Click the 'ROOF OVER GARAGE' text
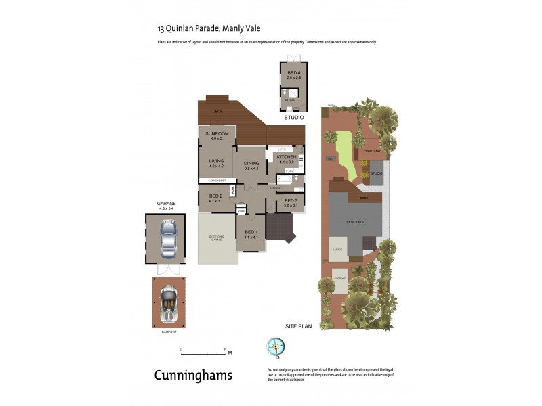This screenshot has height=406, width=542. (x=216, y=238)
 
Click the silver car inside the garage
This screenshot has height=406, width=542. (x=167, y=239)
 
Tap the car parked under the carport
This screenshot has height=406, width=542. (x=167, y=302)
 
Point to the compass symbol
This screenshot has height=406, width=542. (x=276, y=346)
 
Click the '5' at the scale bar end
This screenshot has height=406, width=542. (x=224, y=350)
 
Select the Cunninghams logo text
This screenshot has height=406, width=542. (x=194, y=375)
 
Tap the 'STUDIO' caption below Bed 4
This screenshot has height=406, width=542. (x=294, y=118)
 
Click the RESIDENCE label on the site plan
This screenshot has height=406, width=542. (x=356, y=222)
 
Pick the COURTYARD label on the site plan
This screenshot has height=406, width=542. (x=372, y=152)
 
